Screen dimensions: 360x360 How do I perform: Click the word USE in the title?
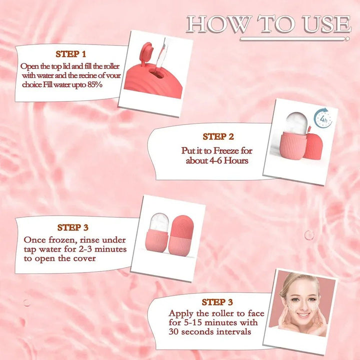(x=326, y=23)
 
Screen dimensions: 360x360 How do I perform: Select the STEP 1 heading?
(x=70, y=54)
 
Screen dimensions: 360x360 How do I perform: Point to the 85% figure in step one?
(x=94, y=84)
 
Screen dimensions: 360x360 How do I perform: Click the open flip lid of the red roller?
(x=147, y=53)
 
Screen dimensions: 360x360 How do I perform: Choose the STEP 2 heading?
(x=218, y=136)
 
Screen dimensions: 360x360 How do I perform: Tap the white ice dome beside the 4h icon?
(x=296, y=123)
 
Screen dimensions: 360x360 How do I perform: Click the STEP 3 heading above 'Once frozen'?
(x=73, y=227)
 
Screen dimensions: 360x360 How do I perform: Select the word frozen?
(x=62, y=240)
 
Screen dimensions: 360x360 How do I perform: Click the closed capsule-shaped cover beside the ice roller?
(x=181, y=236)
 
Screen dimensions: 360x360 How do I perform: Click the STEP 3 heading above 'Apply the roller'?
(x=217, y=302)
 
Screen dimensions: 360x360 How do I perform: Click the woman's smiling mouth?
(x=303, y=314)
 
